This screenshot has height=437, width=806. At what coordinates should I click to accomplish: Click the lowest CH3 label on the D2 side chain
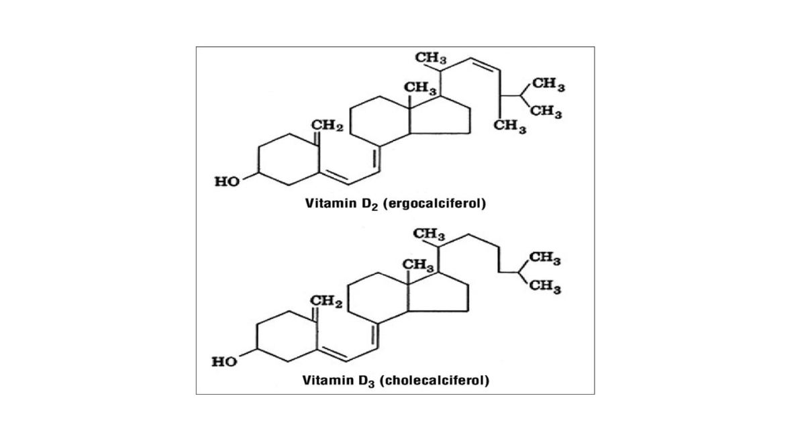pyautogui.click(x=509, y=126)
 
